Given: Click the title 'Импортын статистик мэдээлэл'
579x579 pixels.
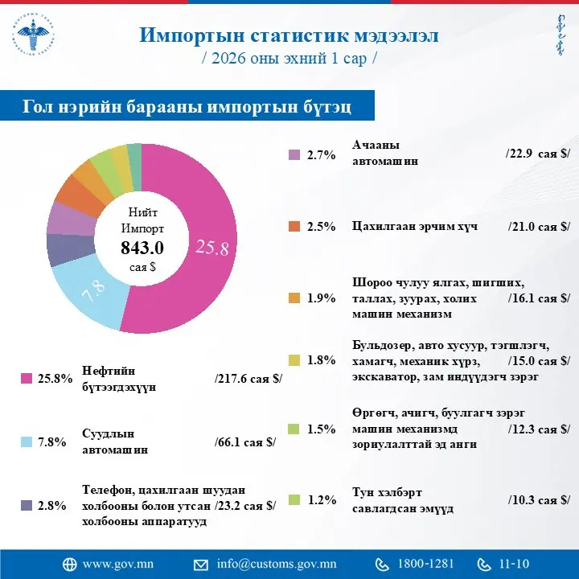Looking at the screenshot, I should coord(289,35).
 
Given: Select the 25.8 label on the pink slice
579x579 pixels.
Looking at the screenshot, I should coord(212,248).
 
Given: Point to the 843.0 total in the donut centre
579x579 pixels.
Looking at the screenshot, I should coord(142,247).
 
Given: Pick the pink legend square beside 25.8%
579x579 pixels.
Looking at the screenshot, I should coord(26,379).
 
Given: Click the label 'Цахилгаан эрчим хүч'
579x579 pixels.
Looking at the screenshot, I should coord(415,226).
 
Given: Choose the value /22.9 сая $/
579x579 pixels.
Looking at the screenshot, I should coord(538,154).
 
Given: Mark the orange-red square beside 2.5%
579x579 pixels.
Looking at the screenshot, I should coord(294,227).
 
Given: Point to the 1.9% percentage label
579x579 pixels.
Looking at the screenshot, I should coord(321,298).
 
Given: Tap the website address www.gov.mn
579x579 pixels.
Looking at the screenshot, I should coord(113,563).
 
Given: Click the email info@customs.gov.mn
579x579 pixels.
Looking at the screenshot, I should coord(277,563).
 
